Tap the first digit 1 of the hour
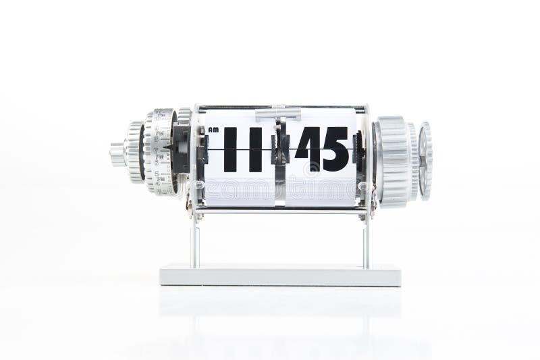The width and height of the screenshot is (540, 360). pos(231,148)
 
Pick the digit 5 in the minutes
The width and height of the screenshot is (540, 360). pos(335,148)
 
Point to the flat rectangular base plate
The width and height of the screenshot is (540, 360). pos(279,276)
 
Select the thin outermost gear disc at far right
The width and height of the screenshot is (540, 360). pos(425,161)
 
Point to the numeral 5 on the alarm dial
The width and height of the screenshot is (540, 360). pos(156,173)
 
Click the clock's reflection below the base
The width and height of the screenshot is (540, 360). pos(279,311)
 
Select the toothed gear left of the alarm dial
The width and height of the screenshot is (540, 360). pos(133,152)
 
